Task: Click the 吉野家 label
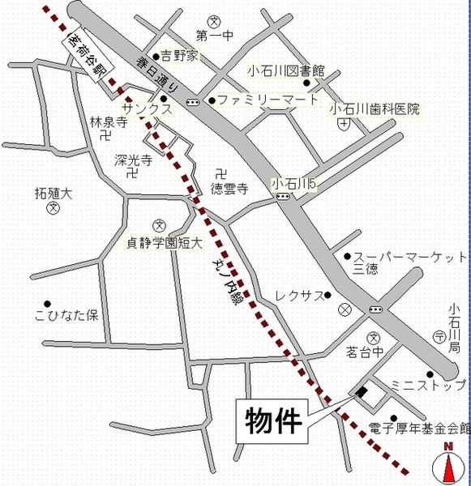[179, 56]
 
